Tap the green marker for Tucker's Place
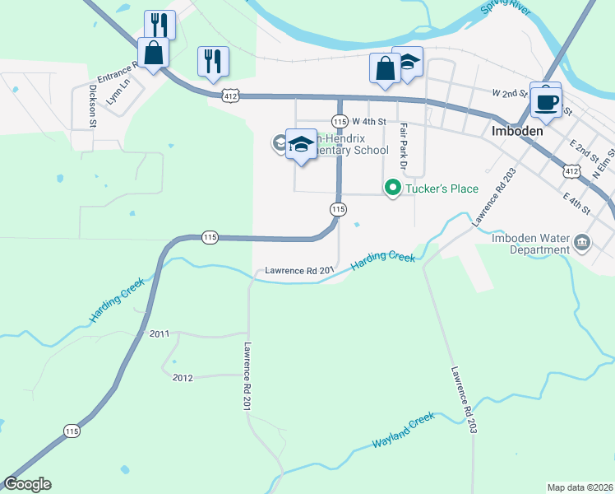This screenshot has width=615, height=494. point(393,189)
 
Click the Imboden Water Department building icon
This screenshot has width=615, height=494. point(582,242)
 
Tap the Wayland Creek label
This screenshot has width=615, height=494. point(403,431)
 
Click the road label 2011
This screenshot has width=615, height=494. point(160,333)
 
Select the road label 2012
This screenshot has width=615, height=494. point(183,377)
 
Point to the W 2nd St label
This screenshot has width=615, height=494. point(508,95)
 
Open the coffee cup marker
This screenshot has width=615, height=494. point(546,101)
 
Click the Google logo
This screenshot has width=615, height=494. point(27,484)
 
